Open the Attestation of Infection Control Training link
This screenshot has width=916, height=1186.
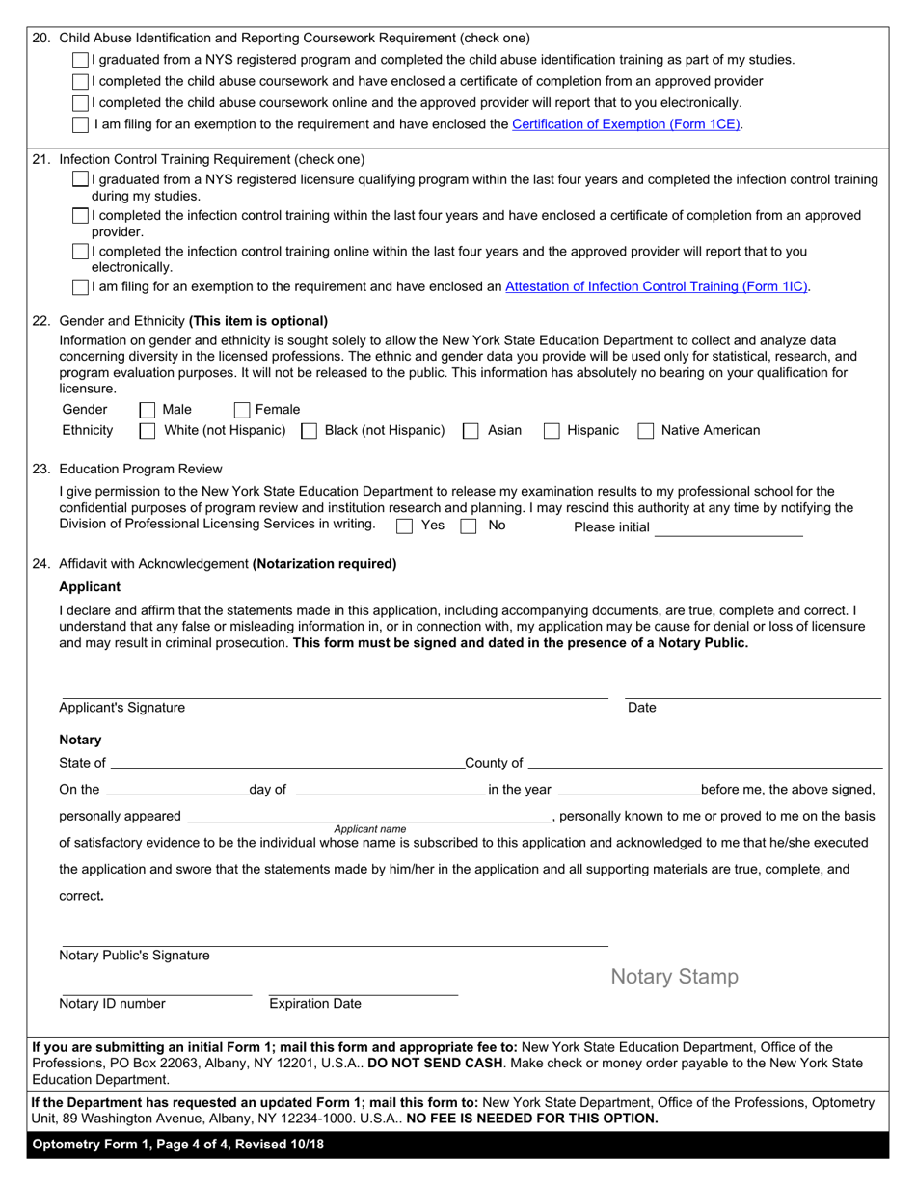(657, 286)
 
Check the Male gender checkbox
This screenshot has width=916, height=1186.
(148, 410)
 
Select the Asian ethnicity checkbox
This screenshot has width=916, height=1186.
(471, 431)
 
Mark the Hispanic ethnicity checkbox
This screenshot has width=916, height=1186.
(552, 431)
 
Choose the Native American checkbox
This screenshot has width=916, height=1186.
(646, 431)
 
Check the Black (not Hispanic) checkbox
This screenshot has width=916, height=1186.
(310, 431)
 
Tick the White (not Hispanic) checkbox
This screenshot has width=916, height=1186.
(148, 431)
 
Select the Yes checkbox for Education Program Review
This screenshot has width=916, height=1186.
(405, 526)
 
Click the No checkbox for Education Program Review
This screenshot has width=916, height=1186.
(469, 526)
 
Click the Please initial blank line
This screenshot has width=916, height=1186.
(728, 527)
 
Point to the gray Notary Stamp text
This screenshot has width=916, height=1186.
(675, 977)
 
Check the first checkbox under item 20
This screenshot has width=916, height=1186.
(81, 60)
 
